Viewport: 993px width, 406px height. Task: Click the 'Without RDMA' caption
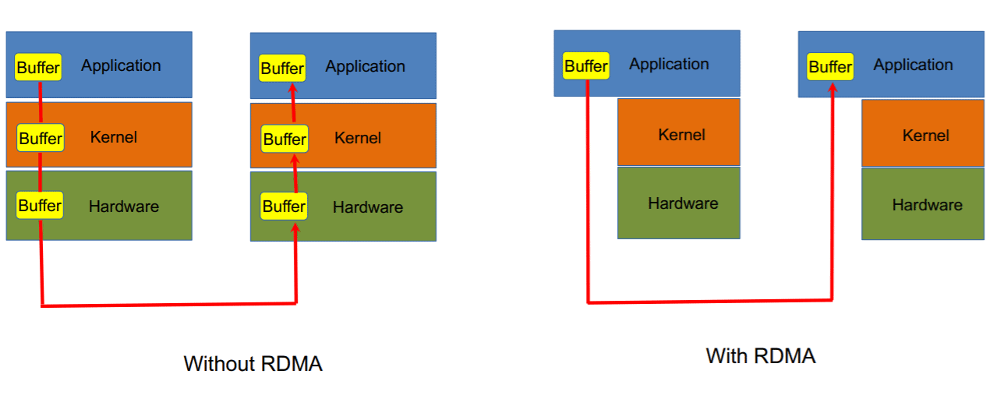pos(253,364)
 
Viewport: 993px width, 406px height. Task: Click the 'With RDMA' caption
pos(760,356)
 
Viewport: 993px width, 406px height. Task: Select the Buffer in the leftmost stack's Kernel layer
pos(40,139)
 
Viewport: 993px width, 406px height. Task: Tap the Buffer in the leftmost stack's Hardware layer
pos(39,206)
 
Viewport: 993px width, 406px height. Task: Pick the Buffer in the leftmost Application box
pos(38,68)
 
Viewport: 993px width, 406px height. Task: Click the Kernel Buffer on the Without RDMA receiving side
pos(284,139)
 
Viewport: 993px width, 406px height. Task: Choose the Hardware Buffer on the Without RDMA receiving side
pos(284,207)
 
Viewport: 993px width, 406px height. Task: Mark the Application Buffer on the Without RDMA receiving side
pos(282,69)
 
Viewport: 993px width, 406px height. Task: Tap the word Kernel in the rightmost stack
pos(925,136)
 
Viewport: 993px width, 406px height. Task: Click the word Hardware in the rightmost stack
pos(927,205)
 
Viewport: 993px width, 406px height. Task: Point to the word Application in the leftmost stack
pos(121,65)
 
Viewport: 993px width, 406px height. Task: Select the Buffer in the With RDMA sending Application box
pos(585,66)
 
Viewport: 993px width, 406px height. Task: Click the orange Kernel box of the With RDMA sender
pos(679,132)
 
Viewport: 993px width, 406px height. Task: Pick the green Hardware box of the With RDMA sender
pos(679,203)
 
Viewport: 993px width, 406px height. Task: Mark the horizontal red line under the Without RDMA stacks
pos(168,305)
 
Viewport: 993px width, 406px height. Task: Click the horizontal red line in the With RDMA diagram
pos(709,301)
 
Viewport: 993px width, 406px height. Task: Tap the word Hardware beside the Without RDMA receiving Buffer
pos(367,207)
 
